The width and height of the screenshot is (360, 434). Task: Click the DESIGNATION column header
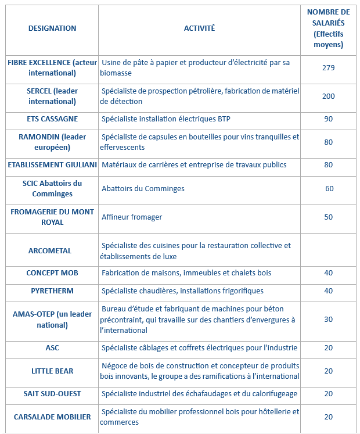click(52, 28)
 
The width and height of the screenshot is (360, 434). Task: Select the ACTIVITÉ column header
click(199, 28)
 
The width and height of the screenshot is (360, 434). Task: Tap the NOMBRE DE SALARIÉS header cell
click(328, 28)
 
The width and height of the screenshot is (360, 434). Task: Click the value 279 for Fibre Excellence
click(328, 68)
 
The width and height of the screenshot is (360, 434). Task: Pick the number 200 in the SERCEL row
click(328, 96)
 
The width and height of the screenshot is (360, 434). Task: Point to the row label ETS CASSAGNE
click(52, 119)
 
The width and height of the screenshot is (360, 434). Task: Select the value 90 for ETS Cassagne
click(328, 119)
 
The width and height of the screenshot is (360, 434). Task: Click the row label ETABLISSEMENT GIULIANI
click(52, 164)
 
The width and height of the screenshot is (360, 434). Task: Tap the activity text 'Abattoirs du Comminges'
click(143, 188)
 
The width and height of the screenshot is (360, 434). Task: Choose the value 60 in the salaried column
click(329, 188)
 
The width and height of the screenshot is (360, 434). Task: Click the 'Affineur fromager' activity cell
click(132, 217)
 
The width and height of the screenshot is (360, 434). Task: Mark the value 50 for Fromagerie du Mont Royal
click(328, 217)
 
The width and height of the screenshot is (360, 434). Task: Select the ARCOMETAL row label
click(50, 250)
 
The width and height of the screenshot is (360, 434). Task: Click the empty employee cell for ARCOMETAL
click(328, 250)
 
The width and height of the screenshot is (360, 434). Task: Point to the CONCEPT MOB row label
click(52, 272)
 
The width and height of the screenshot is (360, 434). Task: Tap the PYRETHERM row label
click(52, 290)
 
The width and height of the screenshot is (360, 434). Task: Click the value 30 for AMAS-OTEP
click(328, 319)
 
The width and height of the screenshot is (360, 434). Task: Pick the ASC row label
click(52, 347)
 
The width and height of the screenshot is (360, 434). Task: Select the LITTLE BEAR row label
click(52, 371)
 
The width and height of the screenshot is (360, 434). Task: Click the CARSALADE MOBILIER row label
click(52, 417)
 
